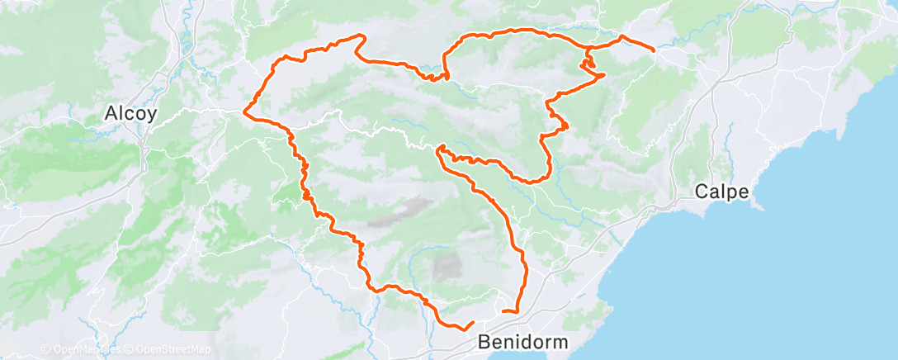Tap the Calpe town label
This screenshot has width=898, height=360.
point(722,192)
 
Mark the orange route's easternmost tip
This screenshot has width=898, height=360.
point(655,50)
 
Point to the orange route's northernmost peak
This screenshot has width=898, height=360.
point(360,35)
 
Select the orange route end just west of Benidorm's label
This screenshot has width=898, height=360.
point(473,322)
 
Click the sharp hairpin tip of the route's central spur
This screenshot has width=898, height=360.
point(439,148)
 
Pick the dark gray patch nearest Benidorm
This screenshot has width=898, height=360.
point(447,266)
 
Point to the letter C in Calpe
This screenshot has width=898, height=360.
point(702,192)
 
